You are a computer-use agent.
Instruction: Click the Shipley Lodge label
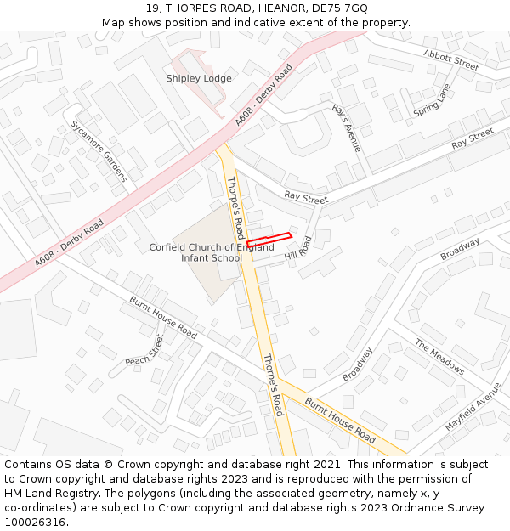pos(198,78)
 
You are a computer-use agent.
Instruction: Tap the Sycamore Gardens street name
pos(99,150)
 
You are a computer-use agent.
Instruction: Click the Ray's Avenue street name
pos(347,127)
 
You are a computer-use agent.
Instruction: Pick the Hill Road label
pos(298,248)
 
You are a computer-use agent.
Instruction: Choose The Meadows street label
pos(439,357)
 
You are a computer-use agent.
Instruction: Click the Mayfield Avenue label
pos(473,407)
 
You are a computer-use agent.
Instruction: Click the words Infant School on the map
pos(212,258)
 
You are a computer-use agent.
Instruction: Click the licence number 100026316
pos(35,523)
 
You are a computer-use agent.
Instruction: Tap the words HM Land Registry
pos(43,494)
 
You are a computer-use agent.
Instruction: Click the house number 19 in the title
pos(152,8)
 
